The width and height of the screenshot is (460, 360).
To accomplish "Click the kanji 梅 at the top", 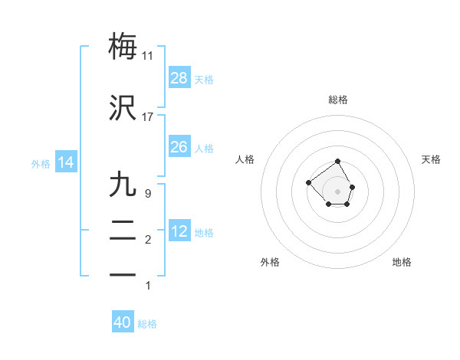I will point(123,46).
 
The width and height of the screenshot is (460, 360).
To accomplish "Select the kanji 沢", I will point(123,108).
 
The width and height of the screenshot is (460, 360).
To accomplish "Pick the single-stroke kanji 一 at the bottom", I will point(123,277).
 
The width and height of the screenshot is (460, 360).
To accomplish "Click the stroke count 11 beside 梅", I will point(148,56).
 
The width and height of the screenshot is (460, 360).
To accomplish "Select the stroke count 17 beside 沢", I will point(148,117).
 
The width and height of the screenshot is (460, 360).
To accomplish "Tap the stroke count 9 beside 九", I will point(148,194).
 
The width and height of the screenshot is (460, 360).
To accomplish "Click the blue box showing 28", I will point(179,77).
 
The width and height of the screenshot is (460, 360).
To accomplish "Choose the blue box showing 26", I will point(179,146).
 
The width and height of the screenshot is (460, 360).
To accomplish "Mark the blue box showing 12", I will point(179,231).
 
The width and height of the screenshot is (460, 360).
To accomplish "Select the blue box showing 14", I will point(66,162).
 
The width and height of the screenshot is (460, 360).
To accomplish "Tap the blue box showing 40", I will point(123,322).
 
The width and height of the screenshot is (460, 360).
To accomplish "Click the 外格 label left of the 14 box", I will point(41,163).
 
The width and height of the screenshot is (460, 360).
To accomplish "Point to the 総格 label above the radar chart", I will point(338,100).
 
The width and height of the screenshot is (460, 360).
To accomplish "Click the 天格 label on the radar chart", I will point(432,159).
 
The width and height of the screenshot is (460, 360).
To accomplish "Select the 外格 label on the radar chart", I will point(270,262).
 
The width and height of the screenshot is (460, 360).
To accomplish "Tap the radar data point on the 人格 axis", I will point(308,182).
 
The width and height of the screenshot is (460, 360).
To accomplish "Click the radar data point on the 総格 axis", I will point(338,162).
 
